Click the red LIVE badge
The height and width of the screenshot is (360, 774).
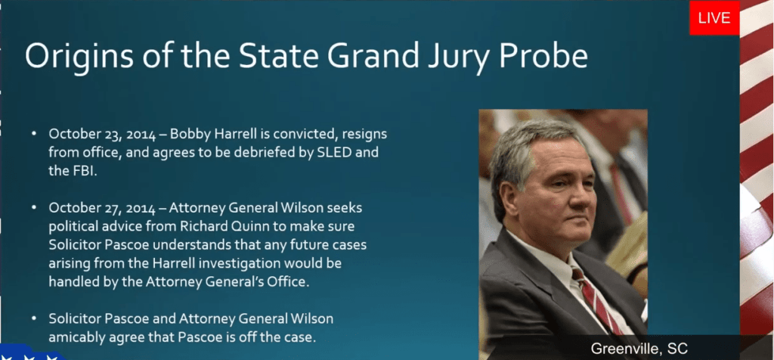pos(714,18)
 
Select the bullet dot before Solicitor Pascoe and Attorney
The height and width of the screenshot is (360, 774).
pos(33,319)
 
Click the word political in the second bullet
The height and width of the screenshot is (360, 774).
pos(73,227)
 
